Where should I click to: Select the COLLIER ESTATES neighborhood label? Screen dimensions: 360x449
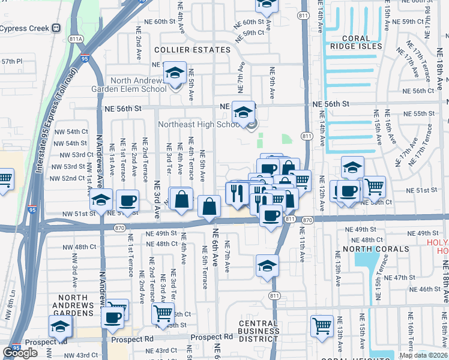click(184, 50)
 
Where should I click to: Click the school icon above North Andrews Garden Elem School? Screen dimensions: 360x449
click(175, 73)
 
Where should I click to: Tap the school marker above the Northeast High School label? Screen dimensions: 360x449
click(243, 112)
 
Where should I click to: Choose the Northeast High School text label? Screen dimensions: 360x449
click(199, 125)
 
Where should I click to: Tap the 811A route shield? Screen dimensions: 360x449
click(75, 39)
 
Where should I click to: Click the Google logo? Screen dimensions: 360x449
click(20, 353)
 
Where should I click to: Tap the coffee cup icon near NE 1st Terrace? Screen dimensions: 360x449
click(127, 201)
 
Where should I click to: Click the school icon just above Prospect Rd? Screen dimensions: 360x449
click(60, 326)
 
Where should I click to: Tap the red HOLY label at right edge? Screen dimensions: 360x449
click(438, 242)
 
